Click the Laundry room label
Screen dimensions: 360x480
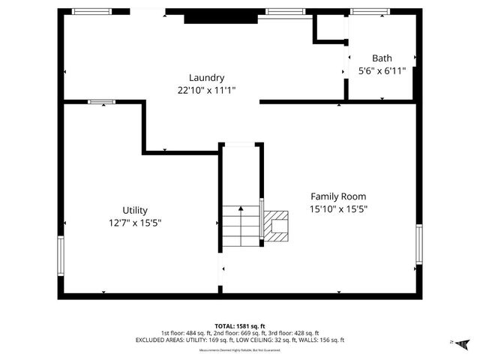(206, 77)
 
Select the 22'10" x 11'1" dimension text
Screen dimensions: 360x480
(206, 90)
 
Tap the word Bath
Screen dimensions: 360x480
(382, 58)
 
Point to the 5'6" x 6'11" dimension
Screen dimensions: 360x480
(382, 70)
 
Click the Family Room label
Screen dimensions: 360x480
(338, 196)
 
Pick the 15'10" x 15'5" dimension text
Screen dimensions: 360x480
(338, 209)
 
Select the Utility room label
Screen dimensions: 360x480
(135, 210)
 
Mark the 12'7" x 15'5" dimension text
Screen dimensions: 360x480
(135, 223)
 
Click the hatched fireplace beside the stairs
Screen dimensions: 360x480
(276, 225)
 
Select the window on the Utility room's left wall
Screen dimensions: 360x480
(61, 256)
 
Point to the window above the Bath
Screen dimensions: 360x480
(369, 11)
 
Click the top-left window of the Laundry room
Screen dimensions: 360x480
(91, 11)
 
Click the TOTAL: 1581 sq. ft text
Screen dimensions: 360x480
(240, 326)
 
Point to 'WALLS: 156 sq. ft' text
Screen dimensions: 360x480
(319, 340)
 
